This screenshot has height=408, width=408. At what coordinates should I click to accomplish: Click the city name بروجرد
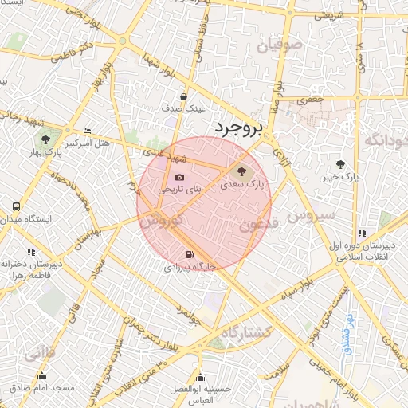pyautogui.click(x=237, y=128)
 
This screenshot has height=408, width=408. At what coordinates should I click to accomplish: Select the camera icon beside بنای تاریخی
pyautogui.click(x=179, y=177)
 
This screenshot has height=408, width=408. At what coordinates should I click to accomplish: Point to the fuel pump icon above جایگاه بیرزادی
pyautogui.click(x=188, y=256)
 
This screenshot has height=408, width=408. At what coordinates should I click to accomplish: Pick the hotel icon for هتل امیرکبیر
pyautogui.click(x=87, y=131)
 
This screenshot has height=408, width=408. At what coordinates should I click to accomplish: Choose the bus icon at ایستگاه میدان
pyautogui.click(x=17, y=206)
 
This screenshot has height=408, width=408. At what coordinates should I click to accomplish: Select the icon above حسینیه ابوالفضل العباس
pyautogui.click(x=199, y=377)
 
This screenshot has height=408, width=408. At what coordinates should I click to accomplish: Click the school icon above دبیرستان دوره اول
pyautogui.click(x=363, y=233)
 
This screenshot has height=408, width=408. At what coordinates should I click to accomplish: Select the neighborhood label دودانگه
pyautogui.click(x=386, y=140)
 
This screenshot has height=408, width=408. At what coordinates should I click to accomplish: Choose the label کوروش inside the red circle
pyautogui.click(x=169, y=218)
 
